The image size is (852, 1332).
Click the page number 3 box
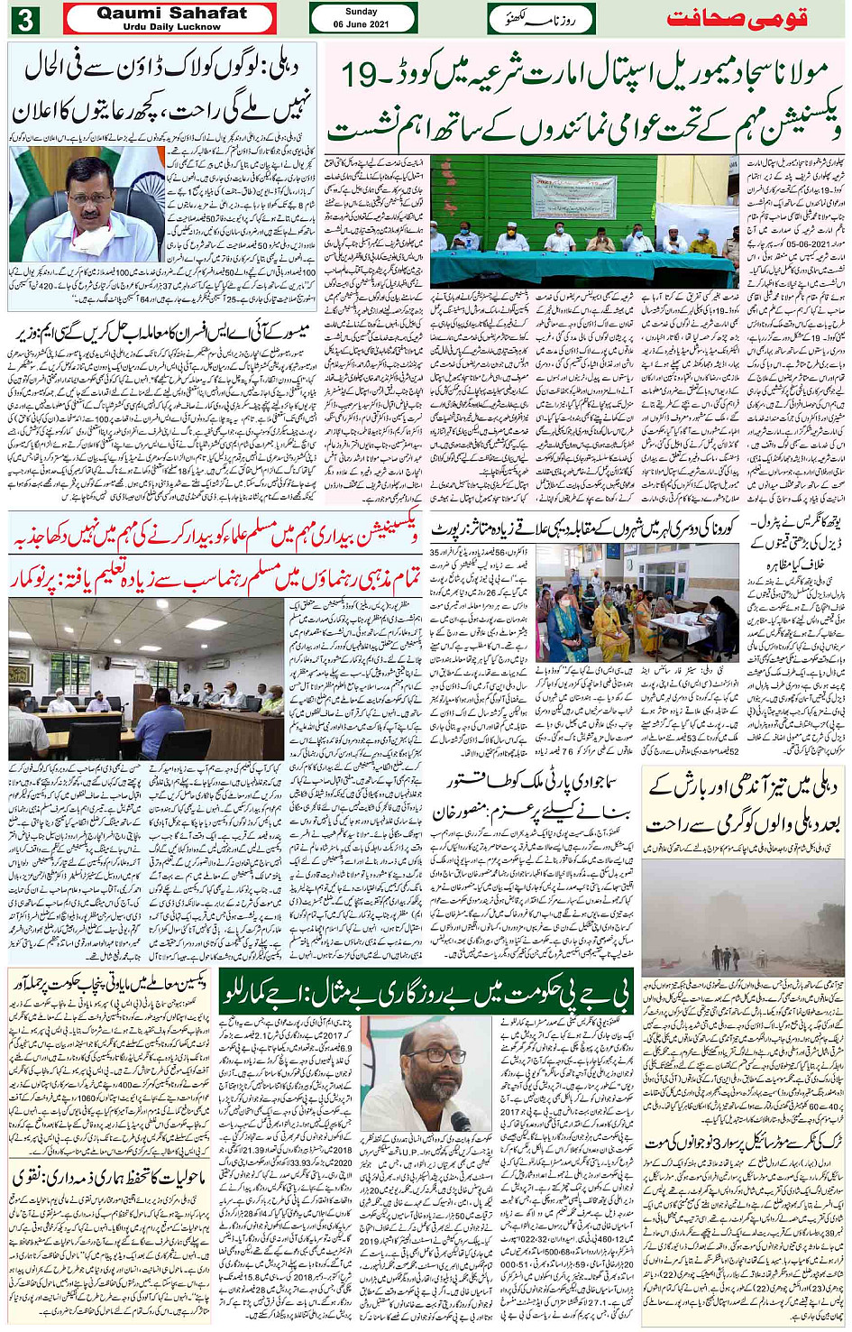tap(25, 18)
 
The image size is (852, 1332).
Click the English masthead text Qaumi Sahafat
tap(171, 13)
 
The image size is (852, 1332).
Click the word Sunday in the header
tap(362, 12)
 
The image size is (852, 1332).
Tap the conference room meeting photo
tap(147, 679)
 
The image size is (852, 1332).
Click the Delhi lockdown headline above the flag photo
tap(162, 90)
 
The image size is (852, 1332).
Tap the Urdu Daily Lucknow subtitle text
tap(171, 27)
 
